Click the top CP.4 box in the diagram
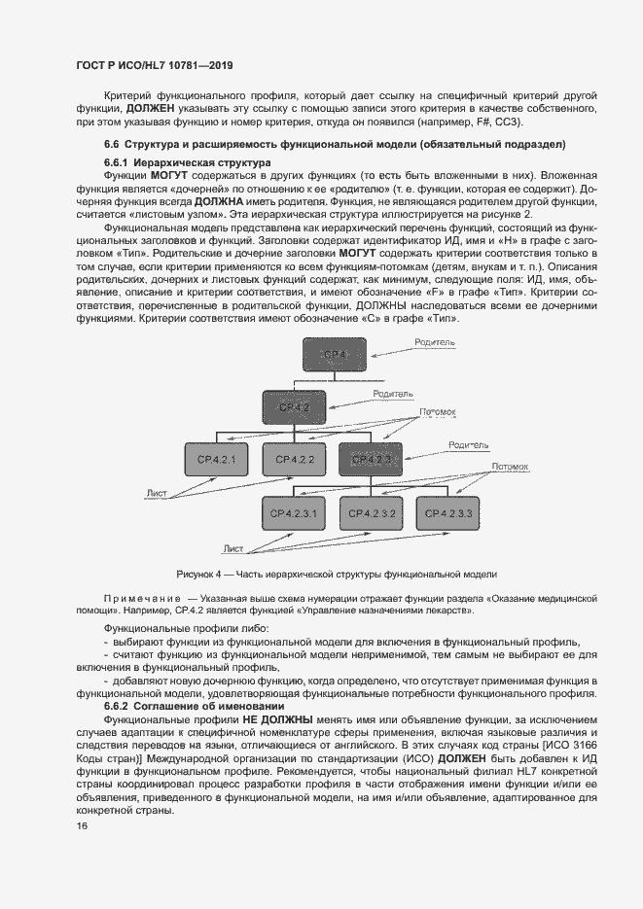pos(333,355)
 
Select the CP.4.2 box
pos(295,406)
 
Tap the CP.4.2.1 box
pos(217,459)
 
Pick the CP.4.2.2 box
pos(295,459)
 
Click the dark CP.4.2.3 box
pos(371,459)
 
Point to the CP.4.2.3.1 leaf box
pos(295,512)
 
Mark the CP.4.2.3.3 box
pos(448,512)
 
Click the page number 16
pos(82,824)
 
